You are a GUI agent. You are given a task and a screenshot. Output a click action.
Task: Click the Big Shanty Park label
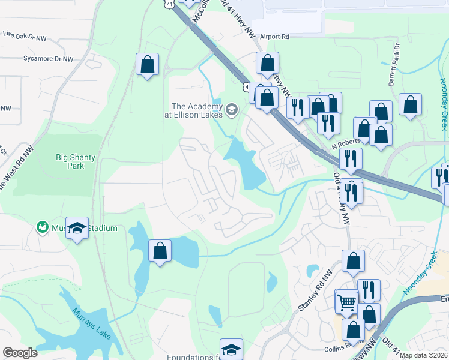[75, 161]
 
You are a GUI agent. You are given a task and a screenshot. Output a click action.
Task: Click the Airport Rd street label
[274, 37]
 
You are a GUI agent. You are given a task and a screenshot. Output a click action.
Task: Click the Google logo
[20, 353]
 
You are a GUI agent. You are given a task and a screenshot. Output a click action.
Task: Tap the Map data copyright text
[424, 355]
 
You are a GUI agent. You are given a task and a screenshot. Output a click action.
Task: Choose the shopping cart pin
[346, 301]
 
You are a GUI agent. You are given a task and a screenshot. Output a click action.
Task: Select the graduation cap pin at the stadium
[77, 228]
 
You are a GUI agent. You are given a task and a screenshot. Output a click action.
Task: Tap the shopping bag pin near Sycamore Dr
[147, 64]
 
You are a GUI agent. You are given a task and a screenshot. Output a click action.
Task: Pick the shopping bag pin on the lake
[160, 251]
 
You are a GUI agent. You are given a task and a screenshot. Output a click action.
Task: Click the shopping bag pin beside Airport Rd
[268, 63]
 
